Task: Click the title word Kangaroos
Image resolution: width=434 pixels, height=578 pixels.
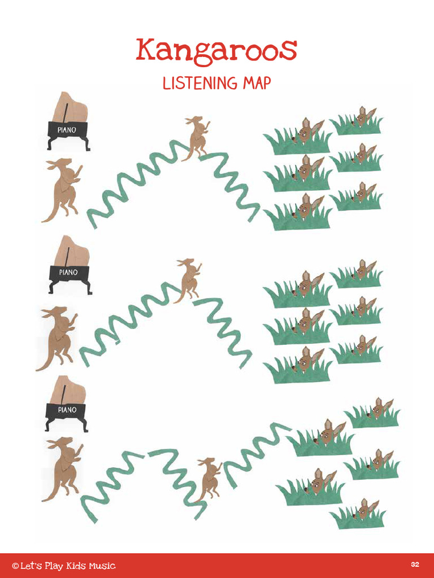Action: pos(216,51)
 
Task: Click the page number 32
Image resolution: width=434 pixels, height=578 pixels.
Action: pos(415,565)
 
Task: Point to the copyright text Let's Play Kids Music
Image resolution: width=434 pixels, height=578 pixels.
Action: pos(63,566)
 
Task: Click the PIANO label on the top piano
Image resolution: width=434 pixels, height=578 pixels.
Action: pos(67,129)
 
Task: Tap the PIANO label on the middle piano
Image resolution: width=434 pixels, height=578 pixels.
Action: pos(68,272)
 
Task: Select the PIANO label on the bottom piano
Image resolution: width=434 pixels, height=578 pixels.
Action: pos(67,410)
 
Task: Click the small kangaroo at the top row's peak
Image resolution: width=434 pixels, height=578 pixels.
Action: pos(197,137)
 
